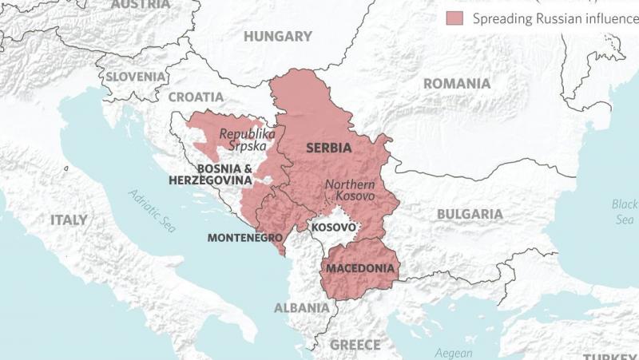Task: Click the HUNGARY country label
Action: [277, 37]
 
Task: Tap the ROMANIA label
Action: [456, 84]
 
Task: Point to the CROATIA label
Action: [196, 97]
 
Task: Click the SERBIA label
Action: [331, 148]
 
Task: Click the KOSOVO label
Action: [333, 227]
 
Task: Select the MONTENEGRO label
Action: [245, 238]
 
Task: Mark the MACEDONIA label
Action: [360, 268]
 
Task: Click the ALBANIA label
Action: [301, 307]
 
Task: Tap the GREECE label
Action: [355, 345]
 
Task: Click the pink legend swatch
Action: [456, 18]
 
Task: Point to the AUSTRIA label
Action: [141, 5]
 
